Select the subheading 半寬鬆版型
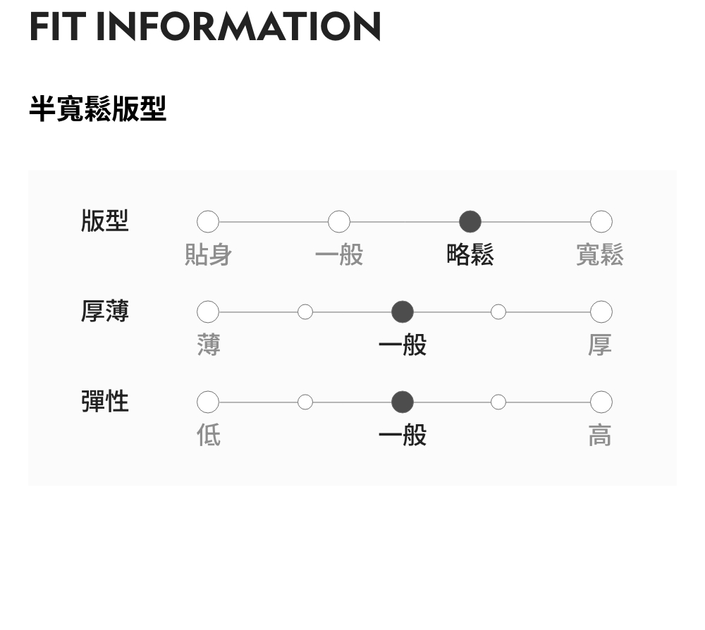pyautogui.click(x=97, y=109)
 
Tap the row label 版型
pyautogui.click(x=105, y=221)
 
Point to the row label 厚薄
pyautogui.click(x=105, y=311)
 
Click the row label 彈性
pyautogui.click(x=105, y=401)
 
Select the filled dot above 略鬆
pyautogui.click(x=470, y=222)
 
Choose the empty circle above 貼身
pyautogui.click(x=208, y=222)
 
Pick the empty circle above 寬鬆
pyautogui.click(x=601, y=222)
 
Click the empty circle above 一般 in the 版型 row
pyautogui.click(x=339, y=222)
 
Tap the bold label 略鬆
pyautogui.click(x=470, y=254)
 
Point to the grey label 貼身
pyautogui.click(x=208, y=254)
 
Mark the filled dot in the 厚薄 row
pyautogui.click(x=403, y=311)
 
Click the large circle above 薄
pyautogui.click(x=208, y=311)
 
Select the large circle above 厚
pyautogui.click(x=601, y=311)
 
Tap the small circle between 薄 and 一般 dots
pyautogui.click(x=305, y=311)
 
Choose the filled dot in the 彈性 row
pyautogui.click(x=403, y=402)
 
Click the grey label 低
pyautogui.click(x=208, y=435)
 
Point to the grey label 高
pyautogui.click(x=600, y=435)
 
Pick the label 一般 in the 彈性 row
pyautogui.click(x=403, y=435)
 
